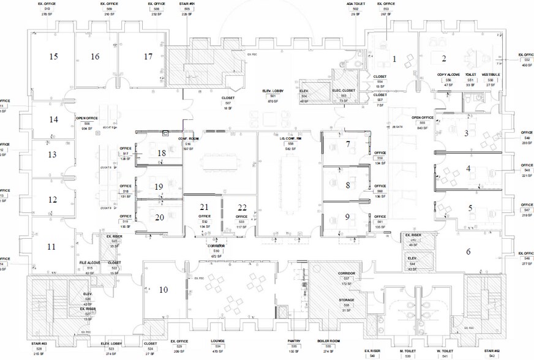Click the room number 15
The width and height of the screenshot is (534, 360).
click(x=54, y=56)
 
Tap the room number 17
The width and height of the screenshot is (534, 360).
click(x=148, y=56)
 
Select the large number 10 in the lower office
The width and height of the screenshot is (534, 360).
click(x=164, y=290)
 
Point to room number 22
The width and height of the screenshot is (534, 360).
click(x=243, y=207)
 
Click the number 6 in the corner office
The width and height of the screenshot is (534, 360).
click(x=468, y=251)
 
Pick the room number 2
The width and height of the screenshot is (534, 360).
click(x=443, y=59)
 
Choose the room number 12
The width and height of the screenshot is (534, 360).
click(x=53, y=200)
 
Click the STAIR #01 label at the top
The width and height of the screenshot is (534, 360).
click(x=187, y=3)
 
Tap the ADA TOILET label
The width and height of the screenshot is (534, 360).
click(x=355, y=3)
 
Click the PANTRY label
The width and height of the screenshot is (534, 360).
click(x=294, y=341)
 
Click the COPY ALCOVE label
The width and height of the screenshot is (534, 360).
click(x=448, y=75)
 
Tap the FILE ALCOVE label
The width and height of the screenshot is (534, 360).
click(x=90, y=262)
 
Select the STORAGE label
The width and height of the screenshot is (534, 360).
click(x=329, y=300)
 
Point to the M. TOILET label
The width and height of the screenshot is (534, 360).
click(x=408, y=350)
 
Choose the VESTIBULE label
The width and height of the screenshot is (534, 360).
click(x=491, y=75)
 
